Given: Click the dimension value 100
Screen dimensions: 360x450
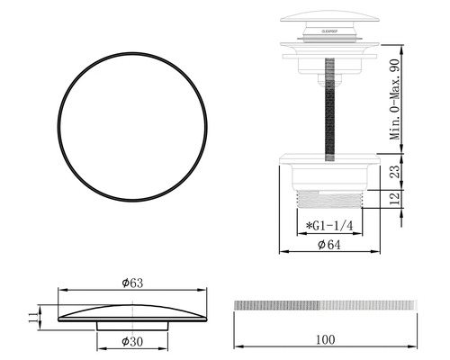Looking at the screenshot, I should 325,339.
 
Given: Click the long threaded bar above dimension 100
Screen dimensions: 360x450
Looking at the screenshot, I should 325,305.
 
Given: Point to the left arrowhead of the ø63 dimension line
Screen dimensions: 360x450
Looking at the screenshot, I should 59,290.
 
